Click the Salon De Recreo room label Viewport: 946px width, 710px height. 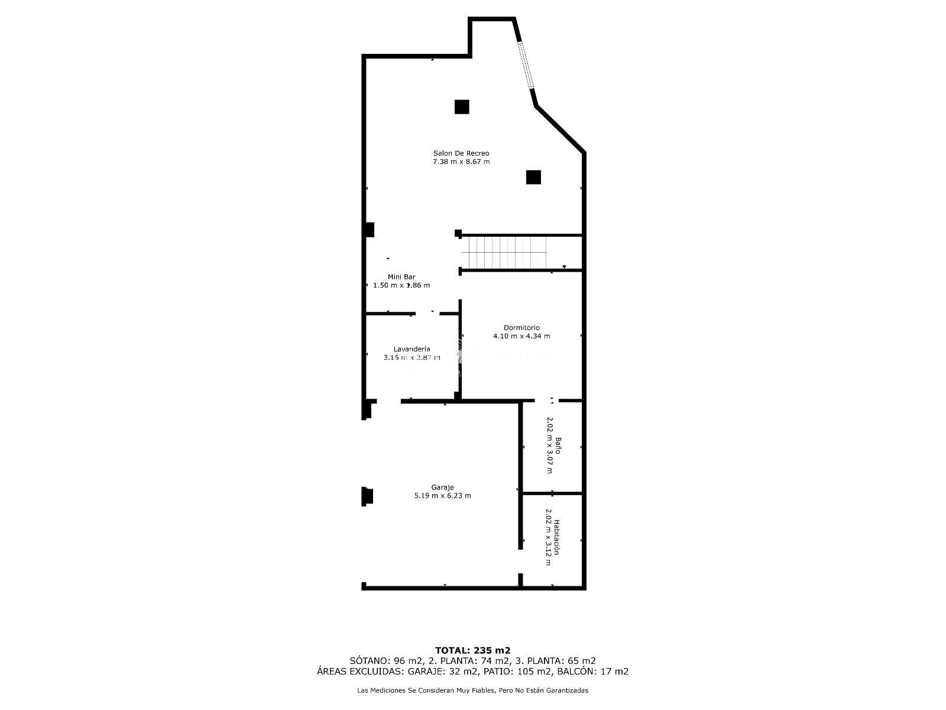click(x=461, y=153)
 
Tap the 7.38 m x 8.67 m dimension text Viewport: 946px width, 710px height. click(x=461, y=162)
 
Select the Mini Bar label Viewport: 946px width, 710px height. click(x=401, y=277)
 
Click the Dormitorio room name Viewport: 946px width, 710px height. click(x=521, y=328)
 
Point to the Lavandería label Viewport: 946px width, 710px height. click(x=412, y=348)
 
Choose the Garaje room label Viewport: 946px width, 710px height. click(x=442, y=487)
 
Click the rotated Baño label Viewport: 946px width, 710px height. click(x=558, y=446)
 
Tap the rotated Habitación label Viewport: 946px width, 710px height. click(x=557, y=537)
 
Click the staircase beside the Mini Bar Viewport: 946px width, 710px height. click(x=504, y=252)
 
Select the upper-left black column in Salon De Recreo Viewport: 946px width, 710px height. click(x=462, y=107)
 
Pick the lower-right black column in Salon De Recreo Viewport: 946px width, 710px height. click(x=533, y=177)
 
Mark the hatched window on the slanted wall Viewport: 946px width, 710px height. click(x=526, y=66)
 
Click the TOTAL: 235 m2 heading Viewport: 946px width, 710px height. click(x=472, y=650)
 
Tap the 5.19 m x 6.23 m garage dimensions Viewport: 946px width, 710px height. click(x=442, y=496)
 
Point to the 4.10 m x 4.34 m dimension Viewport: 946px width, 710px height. click(x=521, y=336)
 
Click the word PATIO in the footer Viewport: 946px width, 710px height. click(x=497, y=671)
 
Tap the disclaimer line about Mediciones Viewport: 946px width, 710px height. click(x=472, y=690)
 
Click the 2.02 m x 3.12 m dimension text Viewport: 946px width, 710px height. click(x=548, y=537)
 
